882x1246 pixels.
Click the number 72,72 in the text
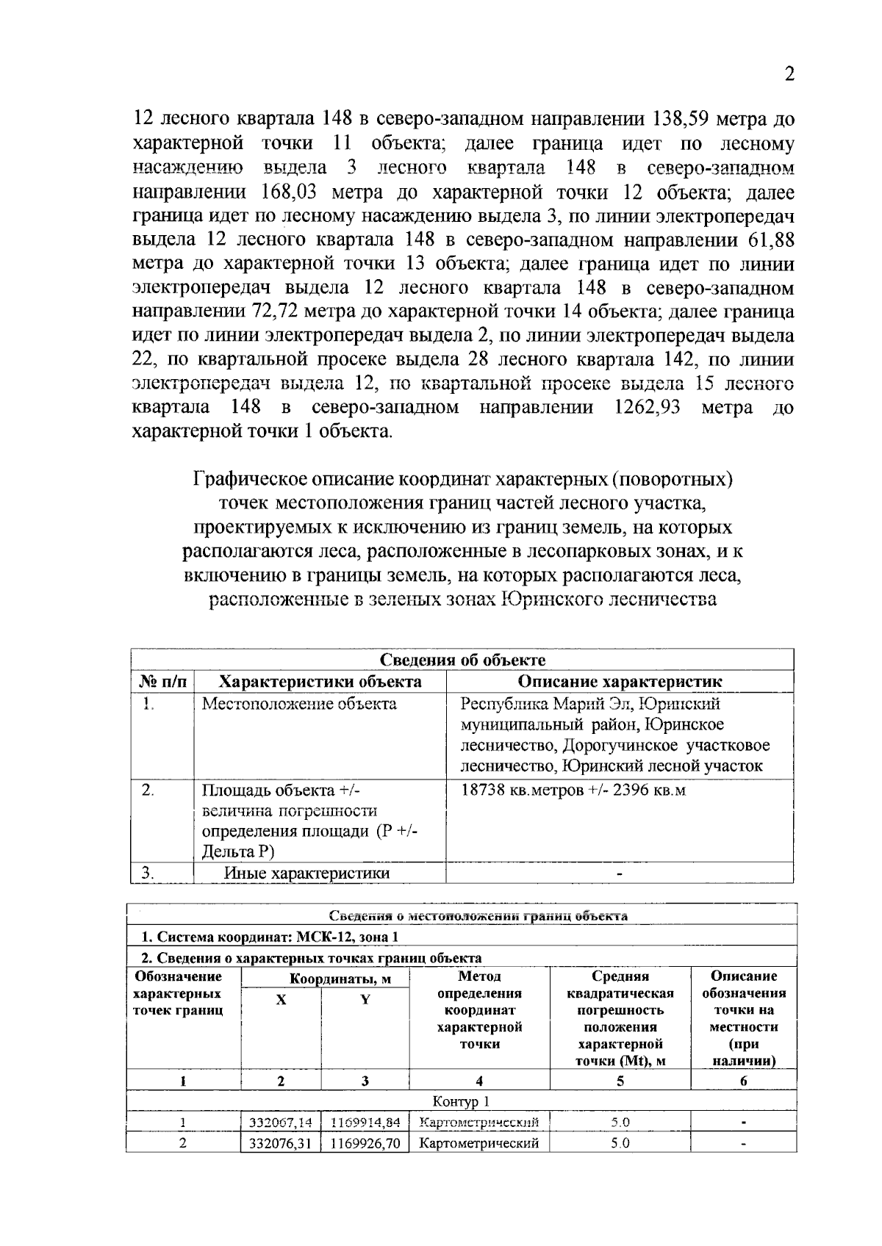(x=276, y=311)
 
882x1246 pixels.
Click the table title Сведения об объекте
(x=462, y=660)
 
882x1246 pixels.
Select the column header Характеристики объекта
(x=321, y=682)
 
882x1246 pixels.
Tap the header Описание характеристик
(x=620, y=682)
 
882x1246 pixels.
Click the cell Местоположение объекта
(x=299, y=705)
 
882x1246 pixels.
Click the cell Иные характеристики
(x=306, y=874)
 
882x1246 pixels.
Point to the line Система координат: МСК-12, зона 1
(x=270, y=937)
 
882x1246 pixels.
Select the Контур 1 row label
(x=461, y=1101)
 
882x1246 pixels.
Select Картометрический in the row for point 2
(x=478, y=1143)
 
